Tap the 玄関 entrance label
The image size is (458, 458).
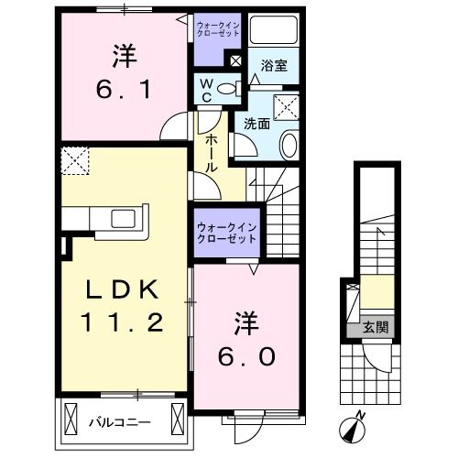tap(376, 327)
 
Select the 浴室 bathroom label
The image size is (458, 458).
tap(274, 65)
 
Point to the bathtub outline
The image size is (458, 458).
tap(274, 30)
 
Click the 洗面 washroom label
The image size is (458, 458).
tap(256, 124)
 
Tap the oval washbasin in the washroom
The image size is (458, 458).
tap(289, 145)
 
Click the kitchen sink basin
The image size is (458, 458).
tap(124, 219)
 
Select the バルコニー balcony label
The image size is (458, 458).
tap(120, 422)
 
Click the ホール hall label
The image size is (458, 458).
tap(212, 153)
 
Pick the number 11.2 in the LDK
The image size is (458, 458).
tap(122, 322)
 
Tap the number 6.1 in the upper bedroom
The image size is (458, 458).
tap(124, 90)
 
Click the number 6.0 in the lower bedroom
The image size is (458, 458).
tap(246, 357)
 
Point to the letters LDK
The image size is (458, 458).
tap(123, 289)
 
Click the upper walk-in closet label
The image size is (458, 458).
tap(218, 29)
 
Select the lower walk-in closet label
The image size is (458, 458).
tap(226, 233)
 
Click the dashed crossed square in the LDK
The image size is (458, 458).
tap(75, 161)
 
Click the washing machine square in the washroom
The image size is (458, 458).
tap(286, 107)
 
